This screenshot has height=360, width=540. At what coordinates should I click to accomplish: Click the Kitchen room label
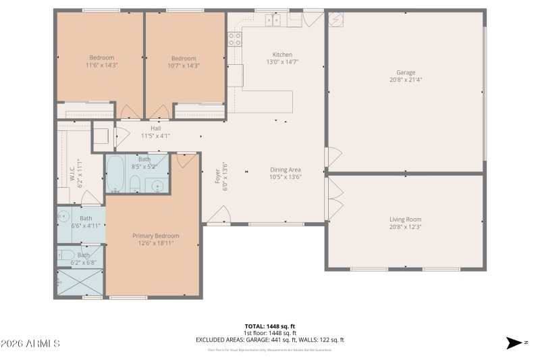[282, 55]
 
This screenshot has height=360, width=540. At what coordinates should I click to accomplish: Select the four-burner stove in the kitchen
[235, 38]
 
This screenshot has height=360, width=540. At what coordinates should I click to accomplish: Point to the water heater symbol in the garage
[336, 20]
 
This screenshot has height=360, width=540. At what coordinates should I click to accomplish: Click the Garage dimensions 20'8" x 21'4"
[406, 80]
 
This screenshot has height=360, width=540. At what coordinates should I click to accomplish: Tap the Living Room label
[406, 219]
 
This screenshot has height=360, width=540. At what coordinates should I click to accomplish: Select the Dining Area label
[285, 170]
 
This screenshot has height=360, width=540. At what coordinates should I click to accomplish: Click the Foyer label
[217, 176]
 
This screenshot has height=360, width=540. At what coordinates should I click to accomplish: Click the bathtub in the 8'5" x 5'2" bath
[115, 174]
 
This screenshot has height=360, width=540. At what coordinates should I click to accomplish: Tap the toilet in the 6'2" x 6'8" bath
[66, 255]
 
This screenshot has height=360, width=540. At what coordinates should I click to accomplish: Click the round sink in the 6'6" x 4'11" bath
[63, 216]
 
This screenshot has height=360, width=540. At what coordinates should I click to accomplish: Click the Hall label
[155, 128]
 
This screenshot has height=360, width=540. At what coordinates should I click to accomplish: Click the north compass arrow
[515, 343]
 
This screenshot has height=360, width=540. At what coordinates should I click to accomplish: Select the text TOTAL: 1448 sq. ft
[270, 326]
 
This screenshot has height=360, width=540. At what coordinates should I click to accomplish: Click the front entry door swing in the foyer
[217, 215]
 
